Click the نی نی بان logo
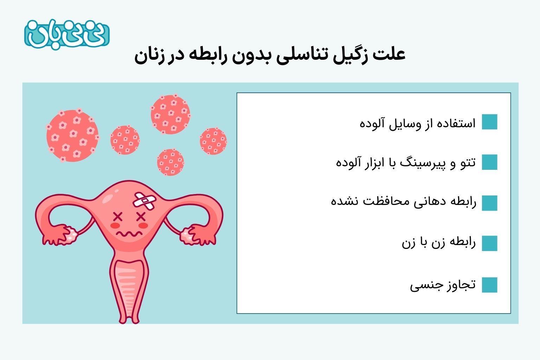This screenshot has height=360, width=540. (x=67, y=34)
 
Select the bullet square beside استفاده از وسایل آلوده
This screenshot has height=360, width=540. (x=490, y=122)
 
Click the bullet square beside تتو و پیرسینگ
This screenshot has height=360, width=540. (x=490, y=162)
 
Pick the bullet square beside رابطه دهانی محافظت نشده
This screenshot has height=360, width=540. (x=490, y=203)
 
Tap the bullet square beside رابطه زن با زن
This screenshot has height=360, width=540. (x=490, y=243)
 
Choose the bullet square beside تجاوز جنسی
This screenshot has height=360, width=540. (x=490, y=285)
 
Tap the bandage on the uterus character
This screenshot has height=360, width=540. (x=144, y=201)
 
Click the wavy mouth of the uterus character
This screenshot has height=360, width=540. (x=129, y=233)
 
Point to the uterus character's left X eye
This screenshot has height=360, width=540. (x=118, y=217)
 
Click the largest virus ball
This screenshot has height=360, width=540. (x=72, y=135)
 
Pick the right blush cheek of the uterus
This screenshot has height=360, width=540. (x=143, y=225)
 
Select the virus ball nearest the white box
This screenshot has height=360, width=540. (x=213, y=141)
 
